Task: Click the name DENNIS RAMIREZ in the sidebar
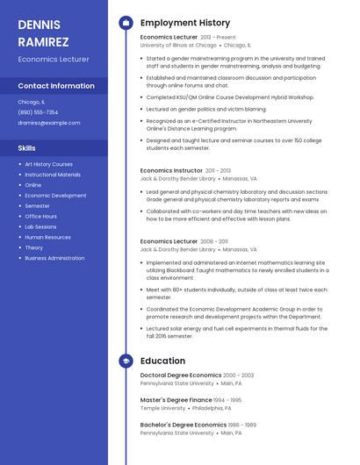click(x=44, y=32)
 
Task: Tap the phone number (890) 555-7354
click(x=38, y=112)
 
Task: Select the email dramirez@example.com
click(x=49, y=123)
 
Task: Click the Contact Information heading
click(x=56, y=86)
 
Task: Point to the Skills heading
click(x=27, y=148)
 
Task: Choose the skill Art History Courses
click(x=48, y=164)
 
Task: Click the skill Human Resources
click(x=47, y=237)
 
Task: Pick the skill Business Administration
click(x=54, y=258)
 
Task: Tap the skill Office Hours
click(x=40, y=216)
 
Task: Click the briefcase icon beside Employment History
click(x=126, y=23)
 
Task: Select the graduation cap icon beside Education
click(x=126, y=361)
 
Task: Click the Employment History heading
click(x=185, y=23)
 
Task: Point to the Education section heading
click(x=162, y=361)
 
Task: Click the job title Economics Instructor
click(x=171, y=170)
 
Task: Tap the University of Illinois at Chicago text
click(x=178, y=45)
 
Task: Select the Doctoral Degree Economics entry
click(x=181, y=376)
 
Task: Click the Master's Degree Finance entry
click(x=176, y=400)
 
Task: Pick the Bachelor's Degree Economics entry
click(x=183, y=425)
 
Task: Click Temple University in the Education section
click(x=162, y=408)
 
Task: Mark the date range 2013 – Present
click(x=218, y=38)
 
